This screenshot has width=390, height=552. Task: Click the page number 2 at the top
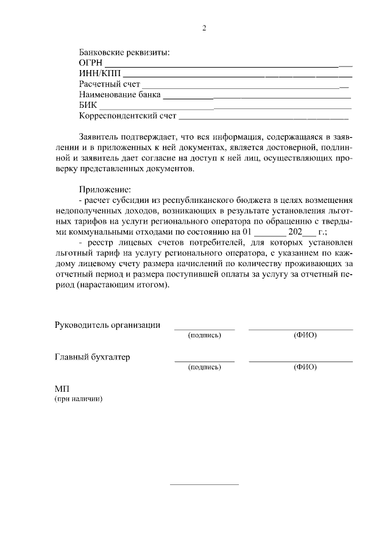click(204, 28)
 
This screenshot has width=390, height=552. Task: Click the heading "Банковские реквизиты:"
click(124, 52)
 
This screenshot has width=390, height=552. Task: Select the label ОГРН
click(91, 63)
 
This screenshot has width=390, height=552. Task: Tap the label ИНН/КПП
click(97, 73)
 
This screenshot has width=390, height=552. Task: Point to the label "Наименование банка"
click(120, 95)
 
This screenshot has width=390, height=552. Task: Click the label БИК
click(88, 106)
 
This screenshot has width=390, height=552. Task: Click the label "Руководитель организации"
click(108, 325)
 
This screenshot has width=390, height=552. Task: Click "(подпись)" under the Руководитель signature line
click(204, 336)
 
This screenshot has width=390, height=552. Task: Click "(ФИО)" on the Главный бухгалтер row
click(305, 367)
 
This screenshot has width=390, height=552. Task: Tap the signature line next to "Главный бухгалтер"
click(204, 361)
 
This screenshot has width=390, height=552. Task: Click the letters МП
click(63, 388)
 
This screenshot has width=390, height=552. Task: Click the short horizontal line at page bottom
click(204, 484)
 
